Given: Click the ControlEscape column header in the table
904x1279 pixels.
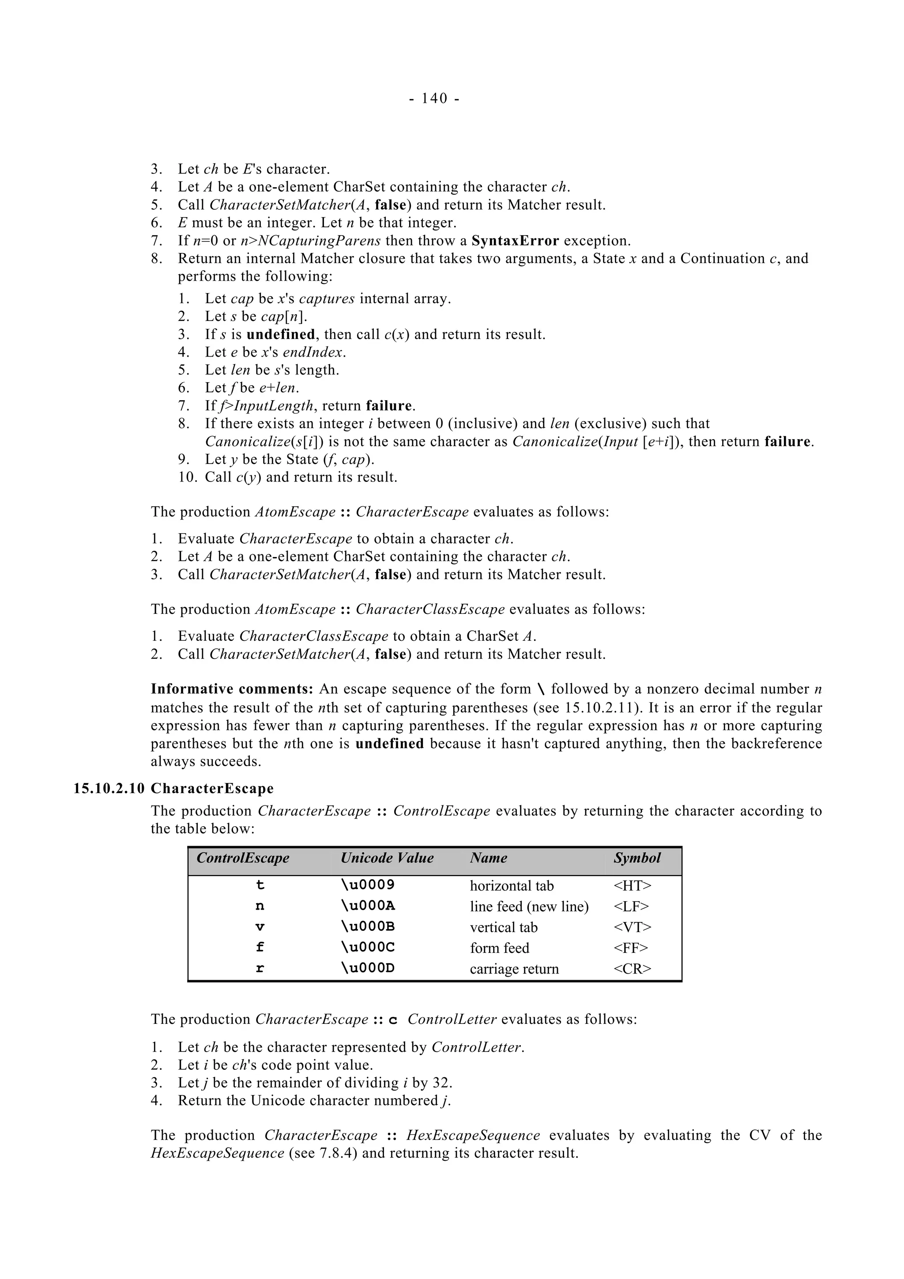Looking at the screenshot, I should point(243,858).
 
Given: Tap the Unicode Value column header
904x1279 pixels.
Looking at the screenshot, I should point(387,858).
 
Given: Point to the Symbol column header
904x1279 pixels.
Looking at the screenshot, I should point(637,858).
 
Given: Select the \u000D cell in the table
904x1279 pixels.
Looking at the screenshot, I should point(368,968).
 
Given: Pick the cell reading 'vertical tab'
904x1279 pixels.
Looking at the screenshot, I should point(504,927).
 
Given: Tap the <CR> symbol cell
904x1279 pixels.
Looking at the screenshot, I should point(632,969).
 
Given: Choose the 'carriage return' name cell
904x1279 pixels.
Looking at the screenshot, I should point(514,969).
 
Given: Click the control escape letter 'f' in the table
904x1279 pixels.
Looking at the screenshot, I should point(260,948).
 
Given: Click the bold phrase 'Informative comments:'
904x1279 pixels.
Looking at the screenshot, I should point(232,689).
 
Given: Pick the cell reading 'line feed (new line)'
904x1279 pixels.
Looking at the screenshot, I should point(529,907).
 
